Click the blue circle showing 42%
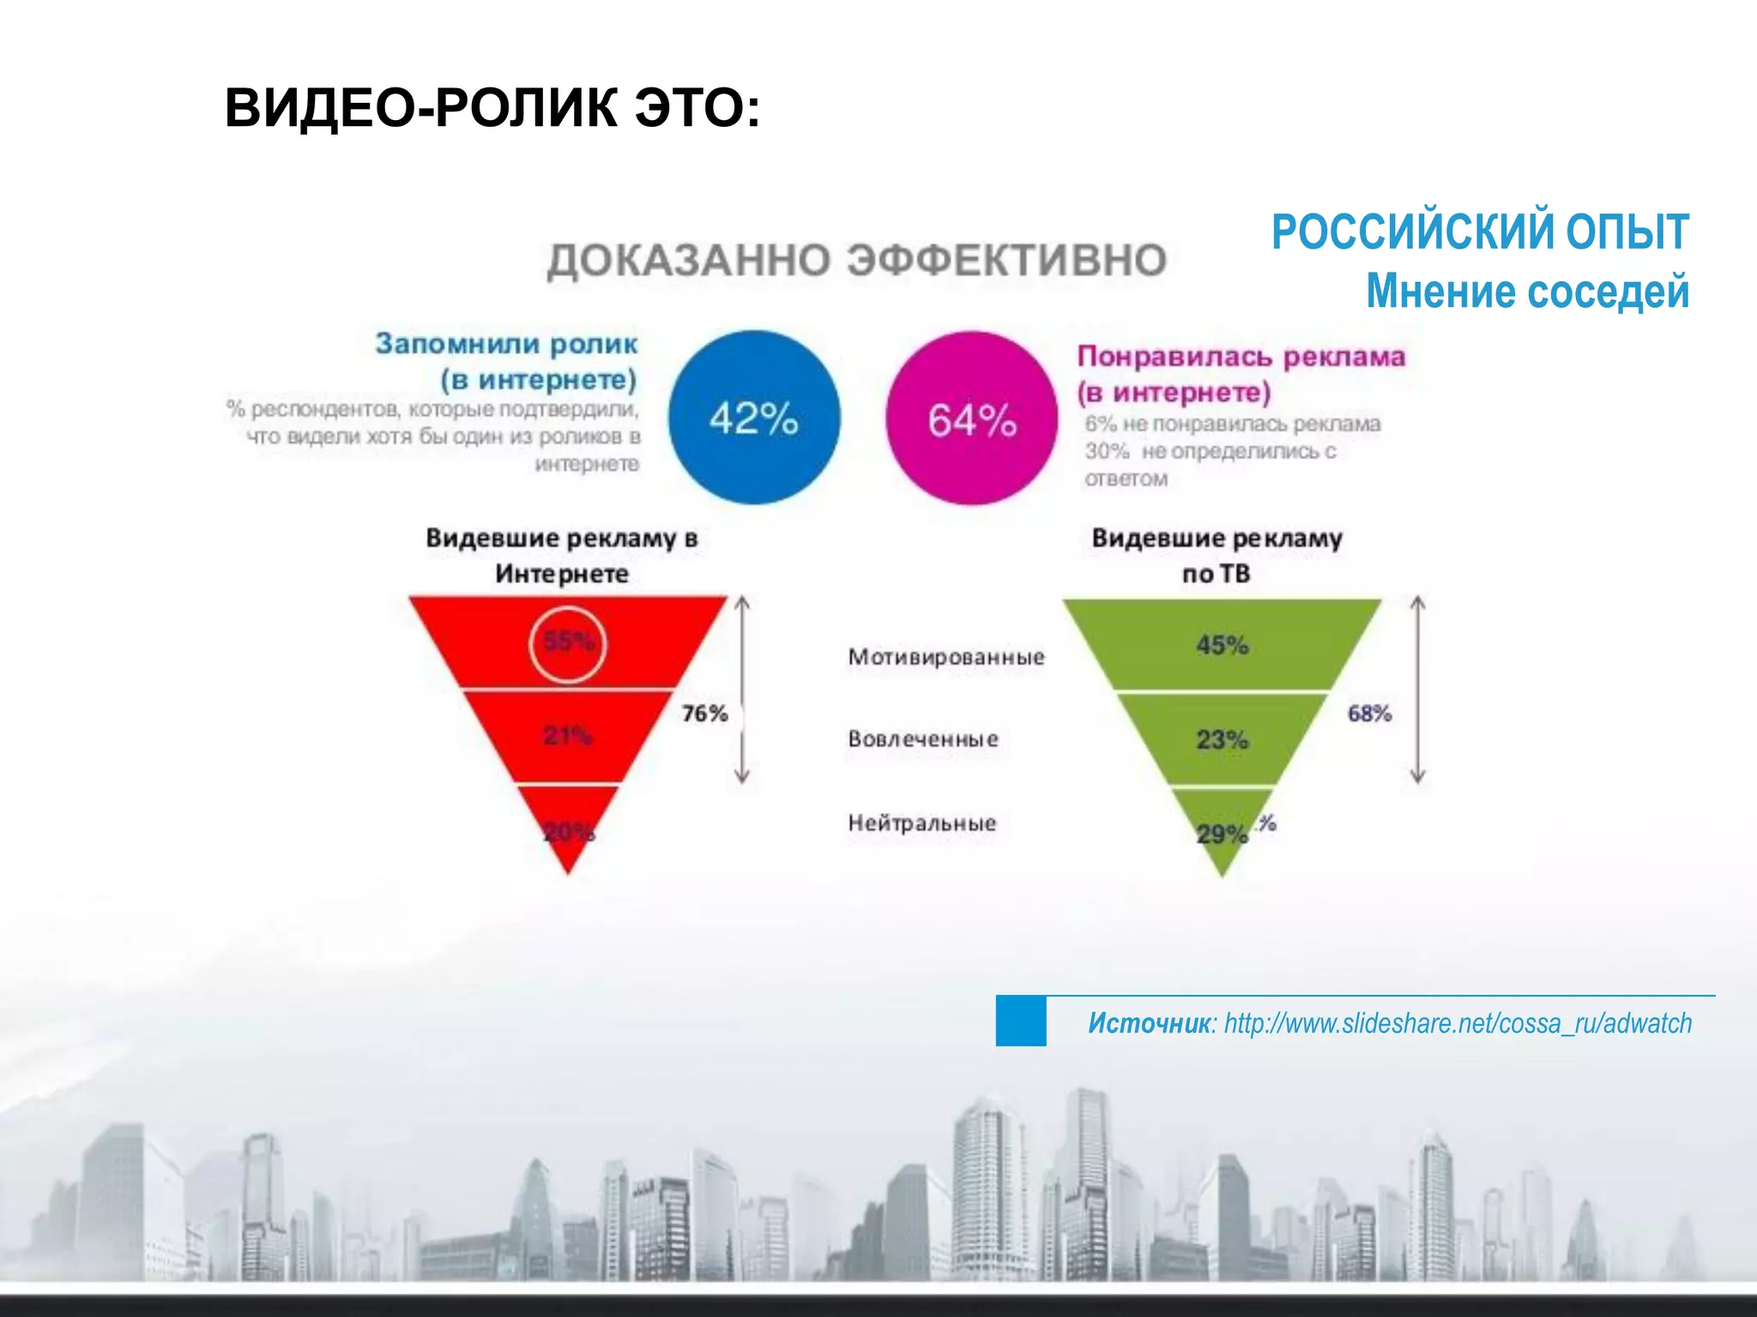coord(754,418)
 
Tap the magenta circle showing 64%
coord(972,419)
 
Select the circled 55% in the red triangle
coord(568,643)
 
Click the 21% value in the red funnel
coord(568,735)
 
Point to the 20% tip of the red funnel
coord(569,832)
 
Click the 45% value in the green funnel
coord(1223,645)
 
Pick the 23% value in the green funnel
coord(1223,739)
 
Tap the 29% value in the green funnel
coord(1222,833)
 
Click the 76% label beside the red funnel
coord(704,713)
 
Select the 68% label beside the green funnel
coord(1369,713)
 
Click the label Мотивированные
coord(946,658)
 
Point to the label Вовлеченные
coord(923,739)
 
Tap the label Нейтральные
coord(922,823)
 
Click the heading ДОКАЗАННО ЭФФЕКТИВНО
coord(857,260)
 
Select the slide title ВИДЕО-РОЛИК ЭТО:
coord(492,109)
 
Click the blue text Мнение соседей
coord(1527,291)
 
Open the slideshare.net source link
coord(1458,1023)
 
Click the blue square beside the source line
coord(1021,1021)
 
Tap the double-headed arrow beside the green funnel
coord(1418,690)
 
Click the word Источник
coord(1149,1023)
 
